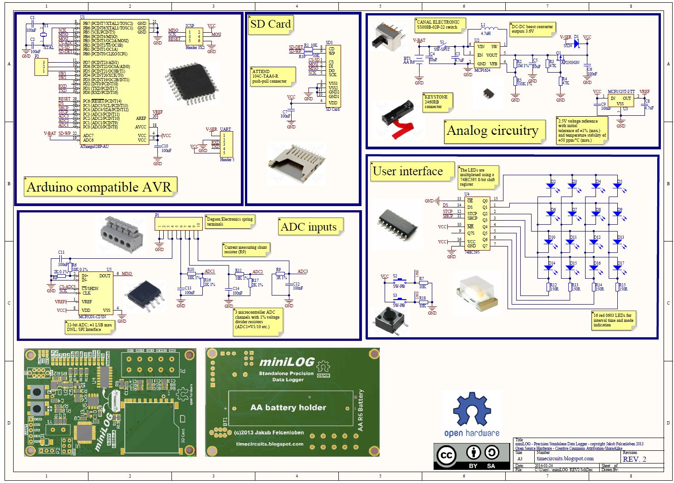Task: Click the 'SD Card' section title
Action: pos(270,25)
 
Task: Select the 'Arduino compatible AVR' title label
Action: pos(99,187)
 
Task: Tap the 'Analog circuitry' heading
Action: pos(493,131)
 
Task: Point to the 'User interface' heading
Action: pos(408,171)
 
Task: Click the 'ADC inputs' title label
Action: pos(309,227)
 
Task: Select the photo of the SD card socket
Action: pos(298,161)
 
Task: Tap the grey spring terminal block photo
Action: pos(122,233)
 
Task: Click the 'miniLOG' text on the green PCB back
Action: pos(287,362)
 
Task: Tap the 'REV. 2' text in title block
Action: pos(635,459)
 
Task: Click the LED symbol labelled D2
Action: pos(551,186)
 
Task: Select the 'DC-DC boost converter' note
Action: pos(532,29)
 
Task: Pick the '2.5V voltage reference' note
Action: pos(581,131)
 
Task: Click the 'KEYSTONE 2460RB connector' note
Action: pos(437,102)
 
